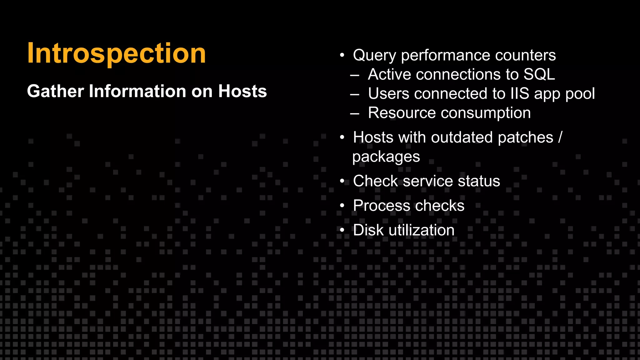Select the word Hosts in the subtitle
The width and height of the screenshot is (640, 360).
pos(242,91)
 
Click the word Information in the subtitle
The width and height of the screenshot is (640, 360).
pos(137,91)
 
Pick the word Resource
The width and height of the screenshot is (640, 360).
pos(402,113)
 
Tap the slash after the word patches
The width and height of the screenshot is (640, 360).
pos(560,137)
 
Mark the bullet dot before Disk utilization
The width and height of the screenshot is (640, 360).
pos(342,230)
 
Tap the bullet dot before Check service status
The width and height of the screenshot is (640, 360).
pos(342,181)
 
